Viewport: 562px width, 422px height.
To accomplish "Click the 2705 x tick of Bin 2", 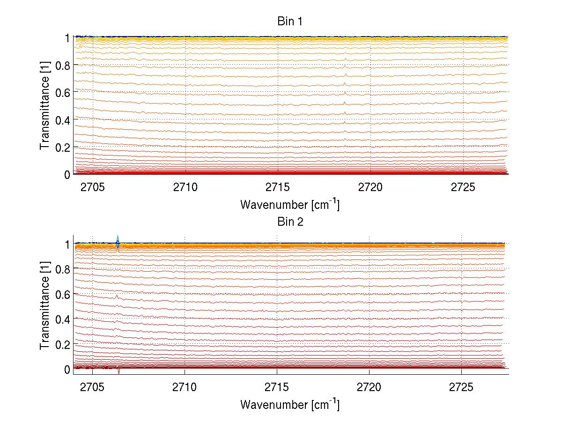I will pos(93,387).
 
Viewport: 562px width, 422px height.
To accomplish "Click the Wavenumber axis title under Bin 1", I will pos(289,204).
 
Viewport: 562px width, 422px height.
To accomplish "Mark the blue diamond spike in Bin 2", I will pos(118,243).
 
